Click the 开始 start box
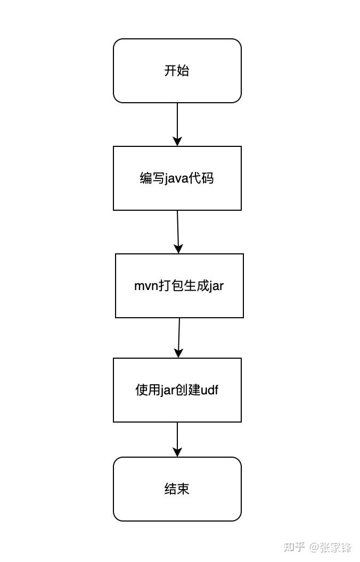[x=177, y=71]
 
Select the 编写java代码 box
[x=177, y=178]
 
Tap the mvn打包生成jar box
[x=179, y=286]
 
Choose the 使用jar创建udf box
[x=177, y=390]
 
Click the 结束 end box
[x=177, y=489]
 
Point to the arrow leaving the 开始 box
[x=177, y=125]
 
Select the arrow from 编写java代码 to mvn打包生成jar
[x=178, y=232]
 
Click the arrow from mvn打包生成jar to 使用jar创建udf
[x=178, y=337]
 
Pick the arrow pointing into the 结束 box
[x=177, y=440]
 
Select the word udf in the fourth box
[x=209, y=390]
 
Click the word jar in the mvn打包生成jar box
[x=216, y=286]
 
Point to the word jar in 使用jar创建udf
[x=167, y=390]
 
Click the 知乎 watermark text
[x=294, y=547]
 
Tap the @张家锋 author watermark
[x=330, y=547]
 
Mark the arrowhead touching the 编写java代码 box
[x=177, y=141]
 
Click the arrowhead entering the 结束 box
[x=177, y=452]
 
